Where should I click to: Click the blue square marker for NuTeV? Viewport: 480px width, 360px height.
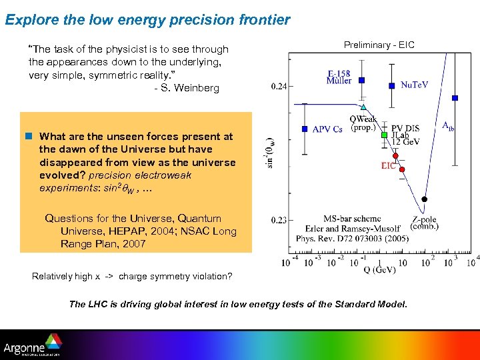[393, 85]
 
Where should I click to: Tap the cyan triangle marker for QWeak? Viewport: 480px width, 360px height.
[363, 107]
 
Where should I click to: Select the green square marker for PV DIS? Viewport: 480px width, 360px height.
[384, 135]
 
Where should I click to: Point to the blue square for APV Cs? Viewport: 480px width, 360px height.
[304, 129]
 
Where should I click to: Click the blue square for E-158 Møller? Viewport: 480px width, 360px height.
[361, 80]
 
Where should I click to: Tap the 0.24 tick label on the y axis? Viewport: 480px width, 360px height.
[280, 86]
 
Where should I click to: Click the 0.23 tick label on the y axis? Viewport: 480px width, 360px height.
[280, 219]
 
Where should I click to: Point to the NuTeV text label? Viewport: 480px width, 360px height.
[414, 85]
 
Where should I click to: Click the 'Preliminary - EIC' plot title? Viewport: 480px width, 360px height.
[379, 45]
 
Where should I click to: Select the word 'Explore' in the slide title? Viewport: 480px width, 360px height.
[28, 20]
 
